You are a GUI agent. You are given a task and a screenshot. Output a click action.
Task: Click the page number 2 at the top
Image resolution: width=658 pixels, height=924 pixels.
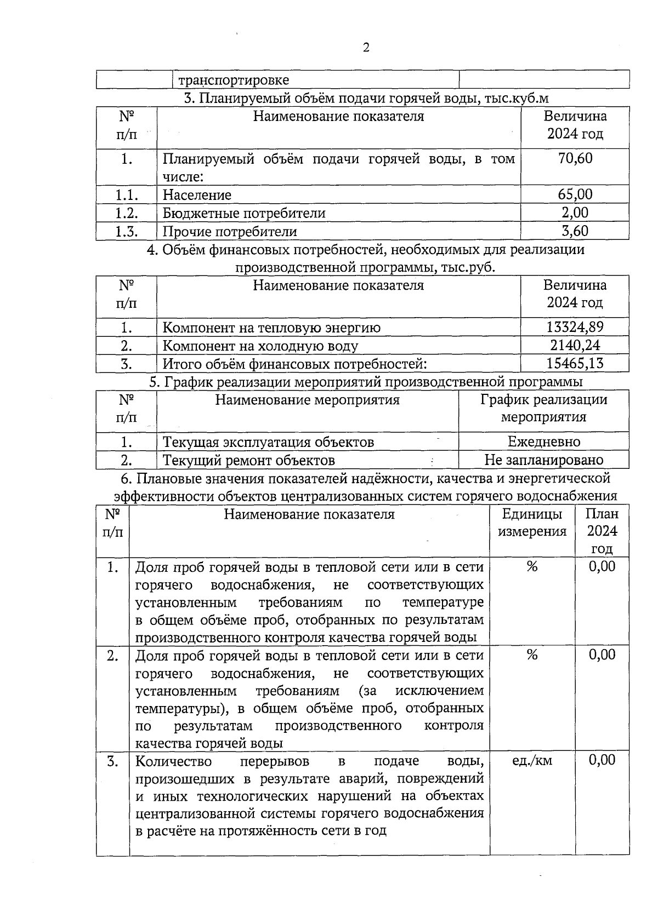366,48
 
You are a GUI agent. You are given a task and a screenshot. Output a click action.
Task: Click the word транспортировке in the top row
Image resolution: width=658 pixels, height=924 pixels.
234,80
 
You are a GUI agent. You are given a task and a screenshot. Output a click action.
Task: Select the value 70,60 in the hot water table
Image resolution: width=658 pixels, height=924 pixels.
575,159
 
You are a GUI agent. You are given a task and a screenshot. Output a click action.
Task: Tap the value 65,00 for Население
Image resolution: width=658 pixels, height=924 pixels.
575,194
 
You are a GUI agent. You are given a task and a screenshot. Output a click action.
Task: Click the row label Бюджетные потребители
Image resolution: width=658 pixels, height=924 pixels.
244,213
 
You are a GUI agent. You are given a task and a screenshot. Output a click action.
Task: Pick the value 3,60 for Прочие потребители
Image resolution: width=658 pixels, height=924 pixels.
575,231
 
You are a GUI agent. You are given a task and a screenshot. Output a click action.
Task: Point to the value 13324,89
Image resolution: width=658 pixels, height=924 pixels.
575,327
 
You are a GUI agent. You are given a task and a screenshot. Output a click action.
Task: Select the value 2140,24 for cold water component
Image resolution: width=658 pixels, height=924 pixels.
575,345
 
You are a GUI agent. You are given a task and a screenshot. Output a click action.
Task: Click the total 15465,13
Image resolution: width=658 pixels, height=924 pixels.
575,363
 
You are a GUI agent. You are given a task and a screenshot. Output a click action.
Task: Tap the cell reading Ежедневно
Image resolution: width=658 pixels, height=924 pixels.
543,441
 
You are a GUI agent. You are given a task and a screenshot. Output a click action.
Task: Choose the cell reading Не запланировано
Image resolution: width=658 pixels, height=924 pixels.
543,460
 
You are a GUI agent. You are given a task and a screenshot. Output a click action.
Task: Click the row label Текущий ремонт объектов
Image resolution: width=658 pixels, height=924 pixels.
249,460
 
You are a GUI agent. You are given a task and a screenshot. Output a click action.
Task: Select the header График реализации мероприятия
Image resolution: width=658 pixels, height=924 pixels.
543,409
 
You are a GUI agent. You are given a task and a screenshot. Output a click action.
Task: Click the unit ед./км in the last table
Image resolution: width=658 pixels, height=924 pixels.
532,761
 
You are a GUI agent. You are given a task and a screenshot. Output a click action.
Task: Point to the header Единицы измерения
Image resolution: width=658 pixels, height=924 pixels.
532,523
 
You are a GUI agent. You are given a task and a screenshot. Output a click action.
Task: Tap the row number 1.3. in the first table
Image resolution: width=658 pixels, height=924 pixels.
126,231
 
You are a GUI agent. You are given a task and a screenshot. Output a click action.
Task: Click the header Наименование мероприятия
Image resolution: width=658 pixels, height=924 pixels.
307,400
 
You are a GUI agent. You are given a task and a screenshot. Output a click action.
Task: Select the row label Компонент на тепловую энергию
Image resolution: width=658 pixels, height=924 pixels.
271,328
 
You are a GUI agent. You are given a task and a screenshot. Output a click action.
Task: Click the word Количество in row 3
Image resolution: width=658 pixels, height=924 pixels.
173,761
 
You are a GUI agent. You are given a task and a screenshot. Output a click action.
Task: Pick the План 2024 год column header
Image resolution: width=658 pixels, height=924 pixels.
602,531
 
